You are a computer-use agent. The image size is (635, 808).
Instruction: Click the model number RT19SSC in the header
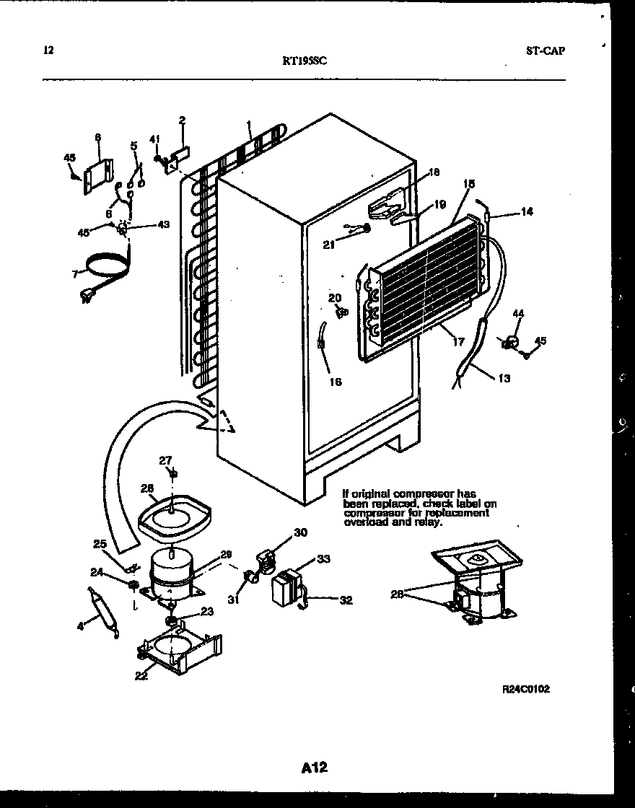pos(305,62)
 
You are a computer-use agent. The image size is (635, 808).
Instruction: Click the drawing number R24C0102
pos(526,690)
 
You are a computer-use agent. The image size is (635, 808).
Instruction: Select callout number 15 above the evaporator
pos(469,185)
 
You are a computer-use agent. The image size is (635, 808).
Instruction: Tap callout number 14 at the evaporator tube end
pos(527,212)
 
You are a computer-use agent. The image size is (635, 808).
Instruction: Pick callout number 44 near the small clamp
pos(518,313)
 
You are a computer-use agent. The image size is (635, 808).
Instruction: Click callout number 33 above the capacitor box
pos(324,558)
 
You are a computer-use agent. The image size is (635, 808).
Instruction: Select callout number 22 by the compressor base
pos(141,675)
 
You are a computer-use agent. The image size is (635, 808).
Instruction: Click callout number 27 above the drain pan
pos(165,460)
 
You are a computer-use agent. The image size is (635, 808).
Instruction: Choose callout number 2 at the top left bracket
pos(182,120)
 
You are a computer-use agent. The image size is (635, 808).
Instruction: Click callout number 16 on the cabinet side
pos(336,382)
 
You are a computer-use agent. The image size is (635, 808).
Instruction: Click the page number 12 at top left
pos(48,50)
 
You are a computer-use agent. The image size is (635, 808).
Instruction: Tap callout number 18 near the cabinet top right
pos(434,172)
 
